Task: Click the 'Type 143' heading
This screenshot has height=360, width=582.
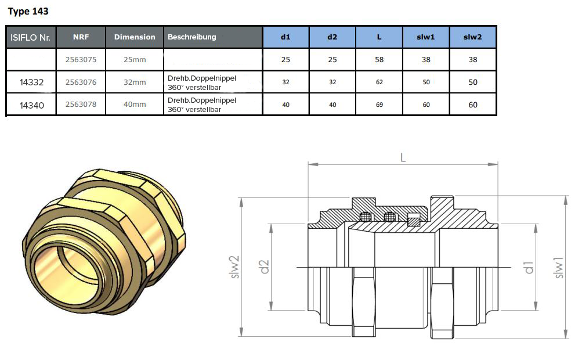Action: pos(28,12)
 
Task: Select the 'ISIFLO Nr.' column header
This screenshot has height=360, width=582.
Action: pos(31,37)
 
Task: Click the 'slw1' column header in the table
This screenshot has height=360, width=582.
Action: pos(426,37)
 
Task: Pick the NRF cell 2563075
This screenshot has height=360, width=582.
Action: pos(81,59)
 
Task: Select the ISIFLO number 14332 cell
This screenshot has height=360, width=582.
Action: pos(31,82)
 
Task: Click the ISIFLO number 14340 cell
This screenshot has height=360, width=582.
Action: pos(31,105)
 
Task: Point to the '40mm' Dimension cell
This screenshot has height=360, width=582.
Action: pos(135,105)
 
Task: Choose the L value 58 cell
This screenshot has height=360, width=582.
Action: pos(379,59)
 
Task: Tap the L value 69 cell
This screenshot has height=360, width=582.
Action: pos(379,105)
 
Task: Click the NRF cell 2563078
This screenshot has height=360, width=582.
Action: pos(81,105)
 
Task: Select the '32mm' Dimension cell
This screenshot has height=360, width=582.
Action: pos(135,82)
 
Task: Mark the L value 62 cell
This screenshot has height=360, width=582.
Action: pos(379,82)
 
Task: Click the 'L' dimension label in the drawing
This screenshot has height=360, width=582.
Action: pos(403,158)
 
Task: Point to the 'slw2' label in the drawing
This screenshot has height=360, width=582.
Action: pos(234,267)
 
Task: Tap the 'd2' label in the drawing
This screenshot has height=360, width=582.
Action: pos(264,267)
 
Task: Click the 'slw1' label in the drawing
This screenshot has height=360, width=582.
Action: pos(558,268)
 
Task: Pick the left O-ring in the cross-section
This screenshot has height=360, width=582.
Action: pos(366,217)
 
